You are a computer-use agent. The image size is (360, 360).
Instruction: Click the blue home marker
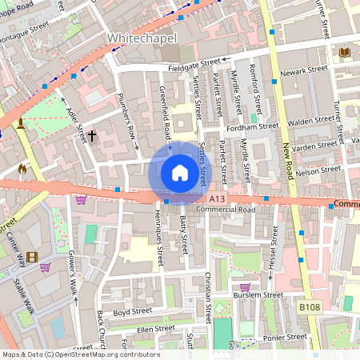tap(180, 172)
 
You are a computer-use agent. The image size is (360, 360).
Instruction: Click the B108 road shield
tap(310, 307)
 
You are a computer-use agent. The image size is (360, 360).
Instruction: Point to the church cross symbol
tap(91, 136)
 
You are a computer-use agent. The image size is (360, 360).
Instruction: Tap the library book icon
tap(345, 52)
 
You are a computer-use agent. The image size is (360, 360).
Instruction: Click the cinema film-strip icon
tap(31, 257)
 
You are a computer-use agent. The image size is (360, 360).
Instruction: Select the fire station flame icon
tap(22, 169)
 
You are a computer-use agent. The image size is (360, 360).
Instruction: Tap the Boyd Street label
tap(133, 312)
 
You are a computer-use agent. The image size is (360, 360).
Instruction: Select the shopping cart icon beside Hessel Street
tap(245, 286)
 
